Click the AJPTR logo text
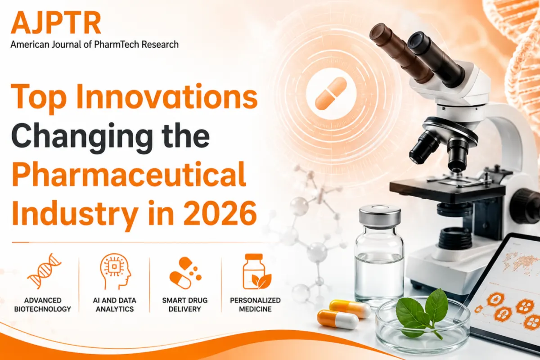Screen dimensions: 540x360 [x=56, y=22]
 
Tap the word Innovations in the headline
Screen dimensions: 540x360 [x=167, y=97]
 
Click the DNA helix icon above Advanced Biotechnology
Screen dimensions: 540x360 [x=45, y=271]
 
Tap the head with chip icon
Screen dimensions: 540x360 [x=116, y=271]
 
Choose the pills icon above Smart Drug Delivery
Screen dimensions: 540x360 [x=185, y=273]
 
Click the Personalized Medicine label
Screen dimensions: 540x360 [x=255, y=305]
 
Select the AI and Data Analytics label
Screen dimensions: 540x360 [x=115, y=305]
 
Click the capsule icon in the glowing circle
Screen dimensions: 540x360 [x=331, y=94]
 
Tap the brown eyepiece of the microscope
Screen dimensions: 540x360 [x=400, y=51]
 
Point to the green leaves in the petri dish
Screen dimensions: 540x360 [x=423, y=313]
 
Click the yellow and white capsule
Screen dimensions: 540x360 [x=350, y=309]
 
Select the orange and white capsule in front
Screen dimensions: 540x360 [x=337, y=319]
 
